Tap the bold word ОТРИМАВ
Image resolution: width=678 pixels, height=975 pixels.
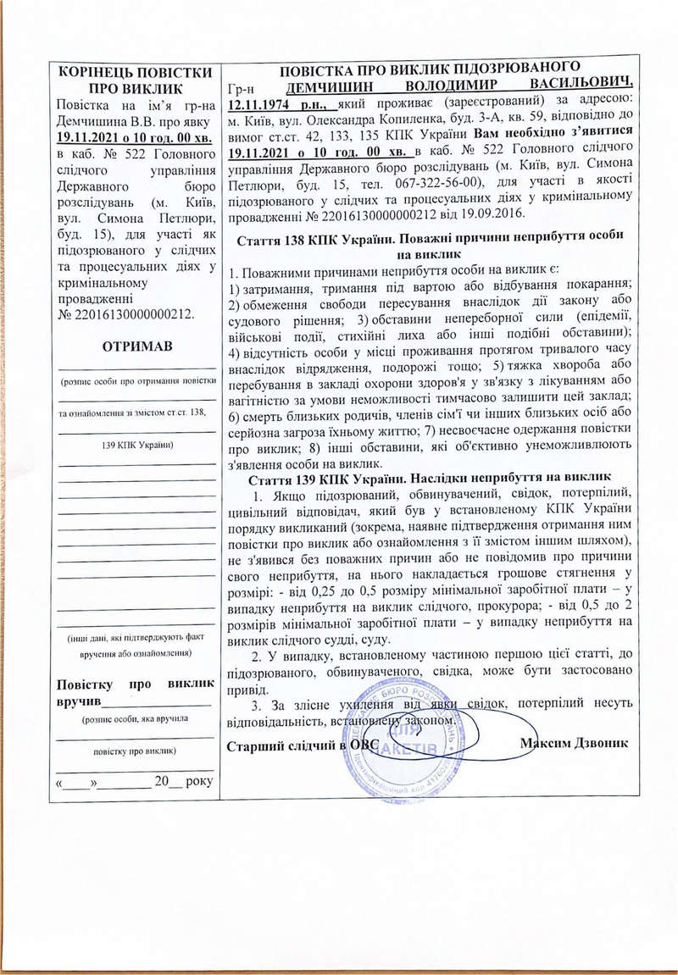pos(136,347)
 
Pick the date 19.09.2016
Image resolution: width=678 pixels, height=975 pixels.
pos(475,213)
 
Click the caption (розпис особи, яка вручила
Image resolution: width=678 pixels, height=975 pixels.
pos(136,719)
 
